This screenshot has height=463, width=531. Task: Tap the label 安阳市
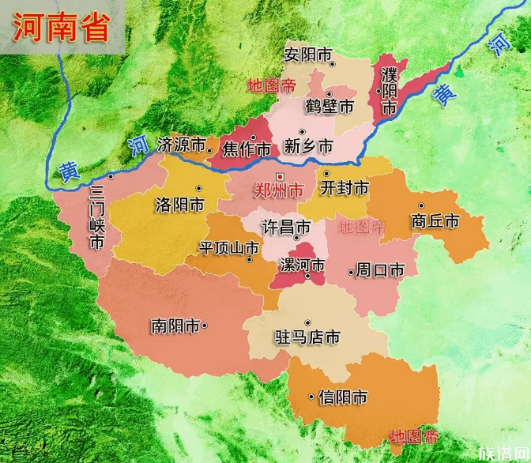[x=309, y=55]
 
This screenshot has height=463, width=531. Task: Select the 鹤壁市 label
[x=330, y=107]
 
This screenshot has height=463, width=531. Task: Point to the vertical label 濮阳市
[x=388, y=91]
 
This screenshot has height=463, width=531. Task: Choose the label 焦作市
[x=247, y=148]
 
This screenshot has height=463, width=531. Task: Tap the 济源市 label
[x=181, y=145]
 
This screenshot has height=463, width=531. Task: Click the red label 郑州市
[x=278, y=190]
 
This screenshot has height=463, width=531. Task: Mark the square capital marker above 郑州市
[x=278, y=176]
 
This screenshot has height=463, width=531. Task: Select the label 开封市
[x=345, y=188]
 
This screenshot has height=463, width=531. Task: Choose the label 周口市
[x=380, y=270]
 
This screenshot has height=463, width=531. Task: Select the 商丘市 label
[x=435, y=221]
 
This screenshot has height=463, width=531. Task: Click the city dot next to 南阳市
[x=205, y=325]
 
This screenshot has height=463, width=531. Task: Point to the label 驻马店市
[x=307, y=337]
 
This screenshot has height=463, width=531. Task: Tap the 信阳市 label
[x=342, y=397]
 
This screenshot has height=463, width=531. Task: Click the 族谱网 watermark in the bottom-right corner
[x=503, y=451]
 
